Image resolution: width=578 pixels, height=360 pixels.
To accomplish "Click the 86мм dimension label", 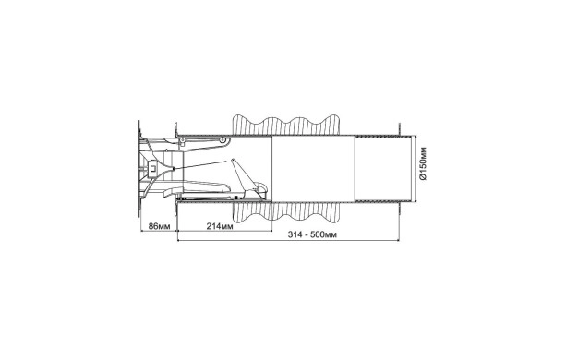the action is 159,226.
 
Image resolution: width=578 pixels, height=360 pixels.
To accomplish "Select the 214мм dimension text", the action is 220,226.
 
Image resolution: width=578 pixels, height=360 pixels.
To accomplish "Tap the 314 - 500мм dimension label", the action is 312,234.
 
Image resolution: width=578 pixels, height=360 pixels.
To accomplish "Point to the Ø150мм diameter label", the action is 423,163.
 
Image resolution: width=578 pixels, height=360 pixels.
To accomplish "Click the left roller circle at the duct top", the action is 182,139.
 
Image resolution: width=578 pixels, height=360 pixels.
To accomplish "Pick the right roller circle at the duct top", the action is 222,139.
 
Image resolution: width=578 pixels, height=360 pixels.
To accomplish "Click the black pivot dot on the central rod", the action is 174,169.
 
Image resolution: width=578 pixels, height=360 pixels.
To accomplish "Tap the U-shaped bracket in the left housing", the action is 152,168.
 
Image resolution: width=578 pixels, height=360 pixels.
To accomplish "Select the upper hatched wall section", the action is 285,126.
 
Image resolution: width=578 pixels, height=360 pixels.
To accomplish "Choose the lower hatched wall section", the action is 285,212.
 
